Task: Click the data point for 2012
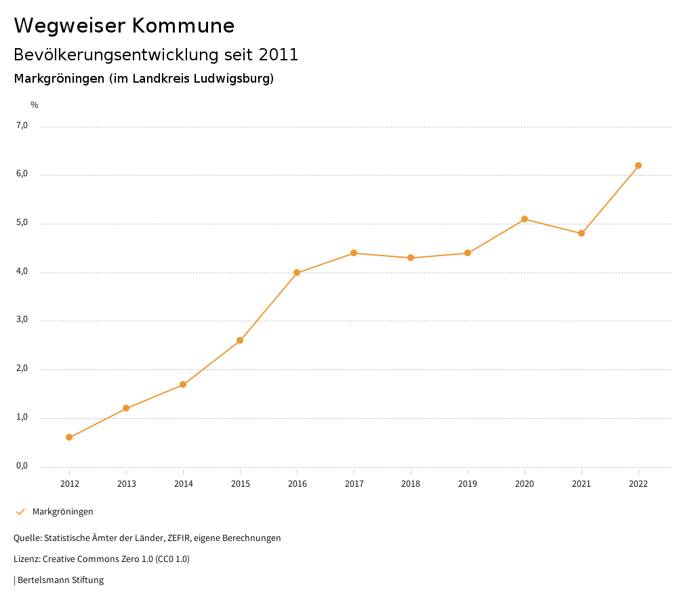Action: click(x=69, y=437)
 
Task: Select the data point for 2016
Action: click(x=297, y=273)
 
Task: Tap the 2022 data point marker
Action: click(x=638, y=165)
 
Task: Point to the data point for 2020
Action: click(x=525, y=219)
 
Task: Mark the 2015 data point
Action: click(x=240, y=340)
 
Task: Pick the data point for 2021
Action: click(x=581, y=233)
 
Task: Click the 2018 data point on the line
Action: click(x=411, y=258)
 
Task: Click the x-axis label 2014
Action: click(x=183, y=484)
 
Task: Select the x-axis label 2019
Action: click(x=468, y=484)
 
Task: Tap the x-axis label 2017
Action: click(x=354, y=484)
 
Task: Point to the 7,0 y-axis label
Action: click(x=22, y=125)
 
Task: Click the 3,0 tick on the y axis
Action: click(x=22, y=320)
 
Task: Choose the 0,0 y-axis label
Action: click(x=22, y=466)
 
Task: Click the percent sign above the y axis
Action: click(x=35, y=105)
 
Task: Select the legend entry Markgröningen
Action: click(x=62, y=512)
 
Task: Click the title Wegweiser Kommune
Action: click(x=124, y=26)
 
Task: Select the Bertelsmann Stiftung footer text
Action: click(x=60, y=580)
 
